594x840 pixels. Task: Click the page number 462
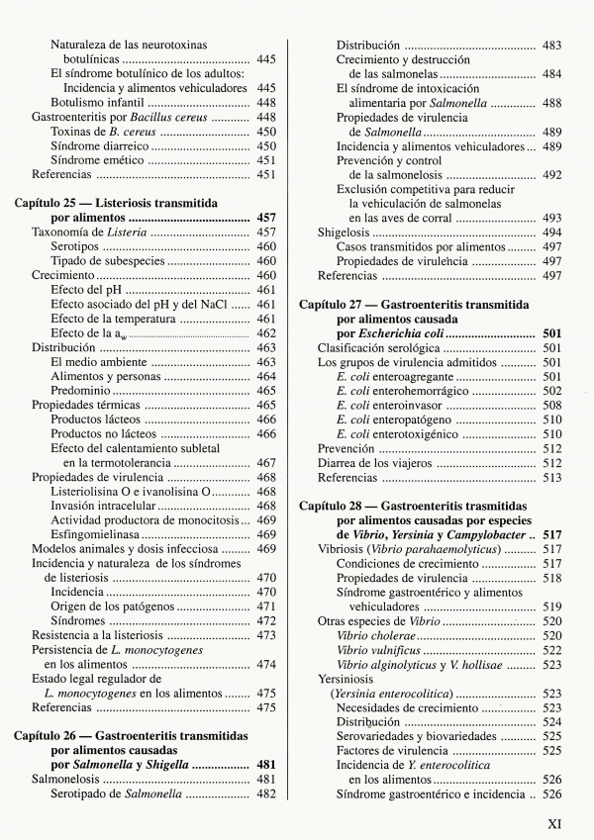[x=265, y=333]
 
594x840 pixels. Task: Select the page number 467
[x=265, y=463]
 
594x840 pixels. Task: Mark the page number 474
[x=265, y=666]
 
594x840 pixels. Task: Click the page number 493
[x=551, y=218]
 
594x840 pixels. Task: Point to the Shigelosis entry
[x=346, y=233]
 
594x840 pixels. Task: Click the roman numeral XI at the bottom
[x=554, y=822]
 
